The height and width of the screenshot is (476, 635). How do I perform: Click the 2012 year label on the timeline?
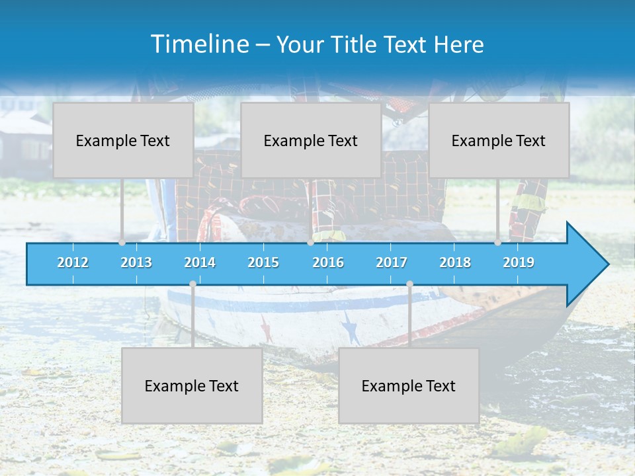point(73,262)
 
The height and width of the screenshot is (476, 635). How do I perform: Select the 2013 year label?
point(136,262)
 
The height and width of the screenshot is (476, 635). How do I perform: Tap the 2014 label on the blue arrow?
point(200,262)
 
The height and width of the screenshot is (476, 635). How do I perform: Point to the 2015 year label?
point(263,262)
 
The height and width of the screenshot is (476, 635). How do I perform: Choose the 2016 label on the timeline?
point(328,262)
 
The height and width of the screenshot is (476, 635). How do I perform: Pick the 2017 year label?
point(392,262)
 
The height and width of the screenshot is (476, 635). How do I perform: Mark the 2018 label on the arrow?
point(455,262)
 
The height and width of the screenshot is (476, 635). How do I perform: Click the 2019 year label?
point(519,262)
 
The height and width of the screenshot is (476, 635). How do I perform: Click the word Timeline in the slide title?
point(198,44)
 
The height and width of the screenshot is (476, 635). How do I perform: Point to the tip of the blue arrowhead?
point(608,264)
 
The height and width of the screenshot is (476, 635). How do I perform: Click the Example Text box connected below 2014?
point(192,385)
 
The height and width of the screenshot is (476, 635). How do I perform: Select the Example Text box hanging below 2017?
point(409,385)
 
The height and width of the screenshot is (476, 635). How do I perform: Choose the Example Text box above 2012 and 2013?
point(123,140)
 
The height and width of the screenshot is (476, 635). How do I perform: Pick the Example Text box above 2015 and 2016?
point(311,140)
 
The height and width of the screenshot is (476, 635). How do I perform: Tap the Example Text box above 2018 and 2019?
point(499,140)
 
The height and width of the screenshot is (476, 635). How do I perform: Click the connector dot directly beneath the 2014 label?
point(192,284)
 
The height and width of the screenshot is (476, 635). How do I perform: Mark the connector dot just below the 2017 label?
point(409,284)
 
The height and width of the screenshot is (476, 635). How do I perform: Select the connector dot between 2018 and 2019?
point(497,243)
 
